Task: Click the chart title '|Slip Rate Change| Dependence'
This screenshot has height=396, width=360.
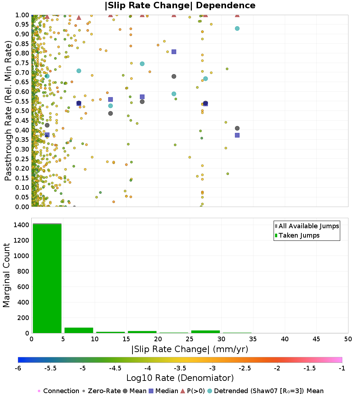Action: click(x=180, y=6)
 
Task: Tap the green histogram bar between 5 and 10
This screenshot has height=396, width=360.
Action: click(x=79, y=330)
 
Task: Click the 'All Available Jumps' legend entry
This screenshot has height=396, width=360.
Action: click(x=309, y=226)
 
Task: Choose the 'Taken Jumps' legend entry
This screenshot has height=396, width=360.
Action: click(x=299, y=235)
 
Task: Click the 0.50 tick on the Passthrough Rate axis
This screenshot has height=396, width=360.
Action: click(x=22, y=111)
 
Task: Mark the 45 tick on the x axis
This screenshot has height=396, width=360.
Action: click(x=316, y=339)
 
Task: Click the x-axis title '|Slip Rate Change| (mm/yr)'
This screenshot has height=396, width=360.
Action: click(x=190, y=349)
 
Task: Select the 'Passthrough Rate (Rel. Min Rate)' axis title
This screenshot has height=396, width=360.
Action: click(x=9, y=111)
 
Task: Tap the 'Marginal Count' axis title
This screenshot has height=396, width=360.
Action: click(x=7, y=275)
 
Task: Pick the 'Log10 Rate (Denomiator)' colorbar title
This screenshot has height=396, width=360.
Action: click(x=180, y=378)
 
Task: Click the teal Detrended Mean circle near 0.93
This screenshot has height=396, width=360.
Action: click(x=237, y=28)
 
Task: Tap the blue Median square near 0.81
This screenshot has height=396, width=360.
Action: click(x=174, y=52)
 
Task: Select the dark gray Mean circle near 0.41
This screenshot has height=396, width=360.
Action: click(x=237, y=129)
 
